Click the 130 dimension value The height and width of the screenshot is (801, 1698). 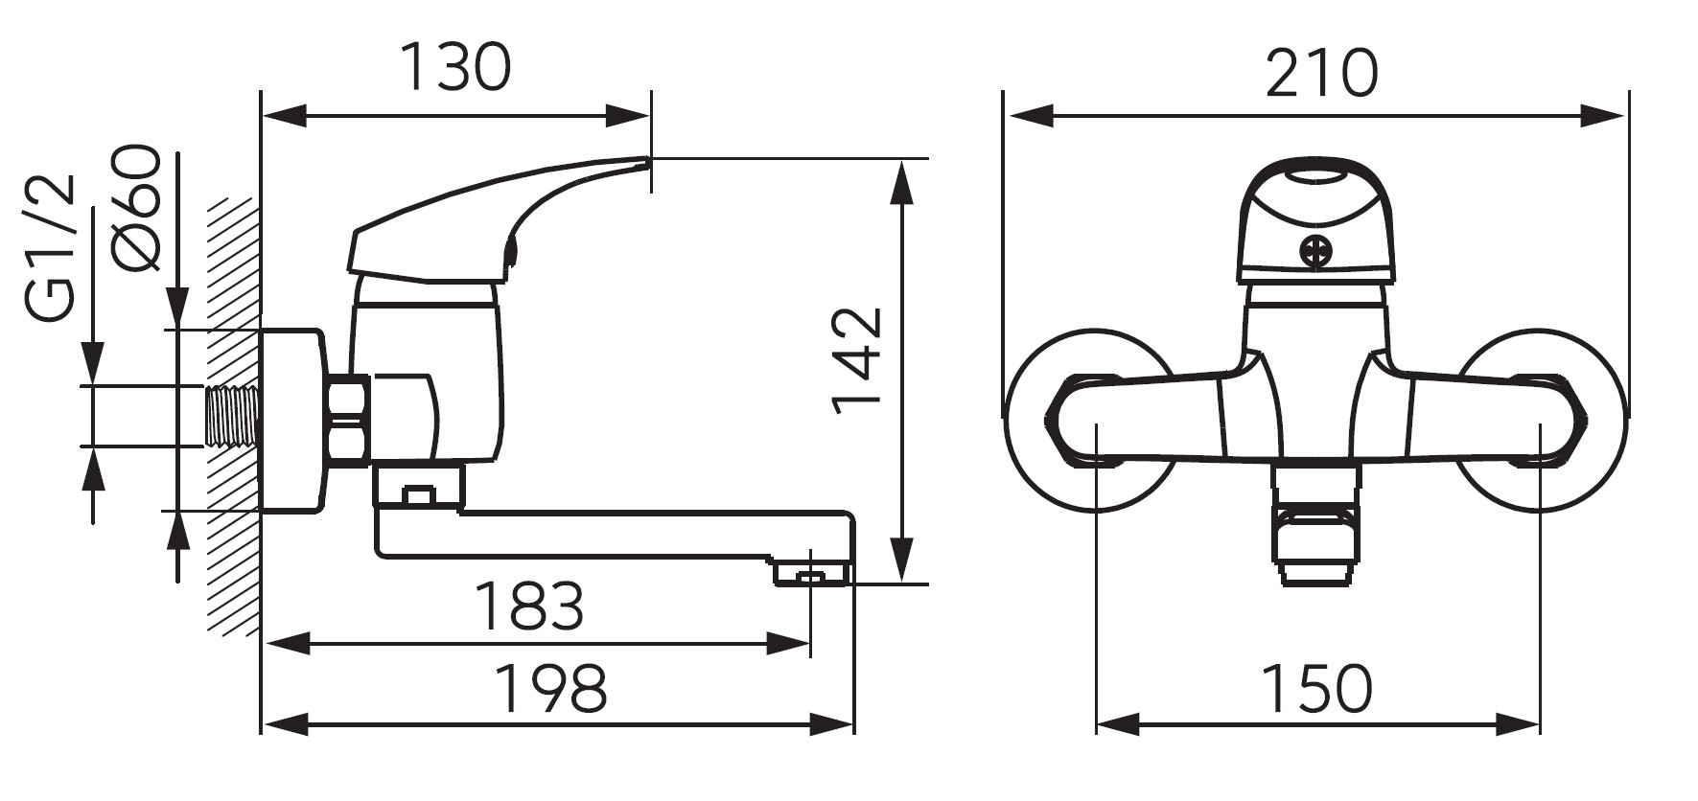coord(454,68)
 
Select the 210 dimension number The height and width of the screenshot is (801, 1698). coord(1321,74)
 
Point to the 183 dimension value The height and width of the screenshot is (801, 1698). coord(529,606)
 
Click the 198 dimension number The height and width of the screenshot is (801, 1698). coord(550,688)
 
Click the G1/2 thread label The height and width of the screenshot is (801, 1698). coord(50,248)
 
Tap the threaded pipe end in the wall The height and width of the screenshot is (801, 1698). coord(232,417)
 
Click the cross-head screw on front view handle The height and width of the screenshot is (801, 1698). coord(1315,252)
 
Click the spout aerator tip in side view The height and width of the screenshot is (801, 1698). coord(811,574)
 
